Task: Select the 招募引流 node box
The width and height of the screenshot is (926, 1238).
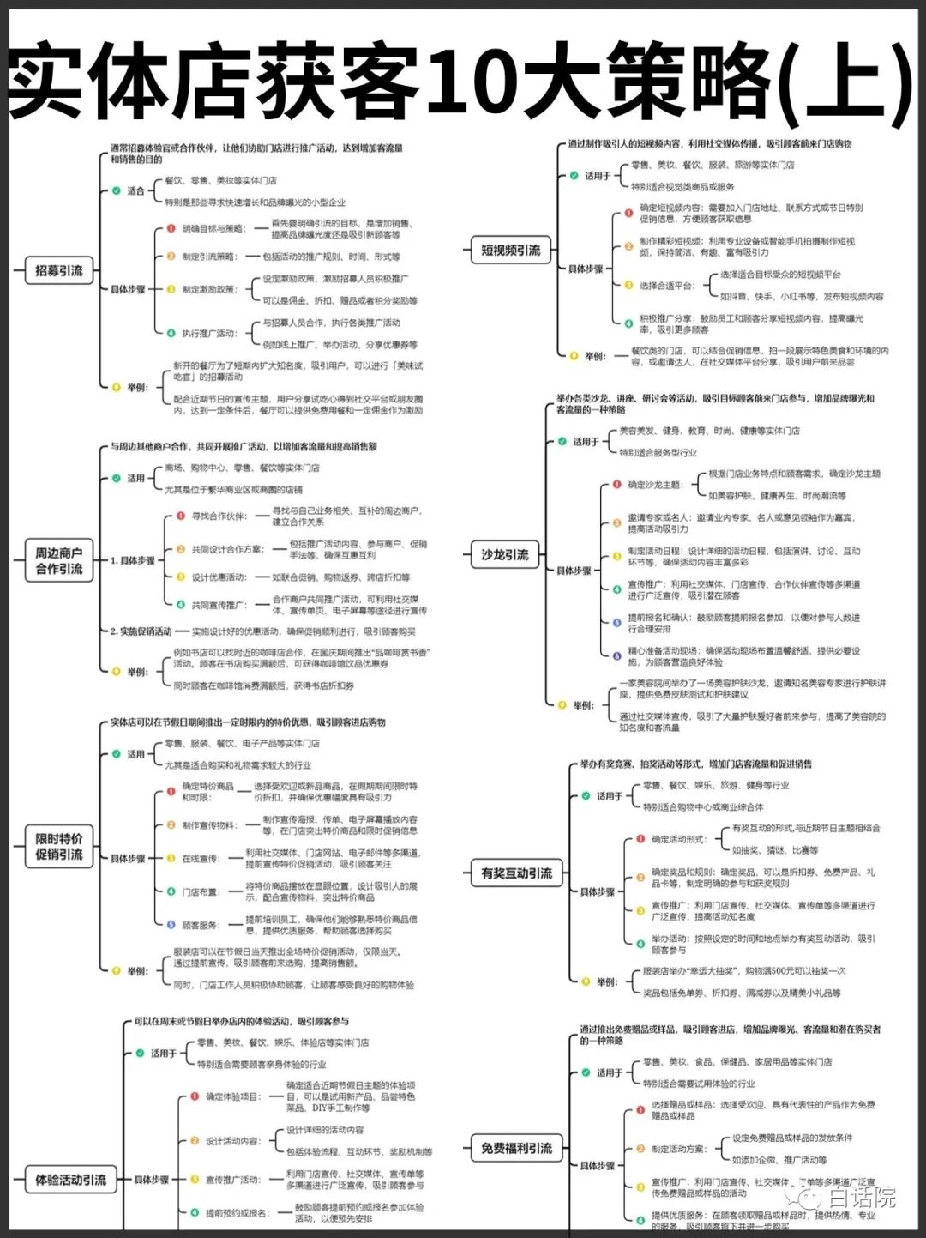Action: tap(59, 271)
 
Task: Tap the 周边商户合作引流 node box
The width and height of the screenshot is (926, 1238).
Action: tap(59, 561)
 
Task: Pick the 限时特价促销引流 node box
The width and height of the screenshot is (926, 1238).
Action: tap(59, 847)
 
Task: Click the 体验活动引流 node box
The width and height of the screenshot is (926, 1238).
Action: tap(71, 1180)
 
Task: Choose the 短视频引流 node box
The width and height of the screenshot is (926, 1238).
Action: tap(510, 251)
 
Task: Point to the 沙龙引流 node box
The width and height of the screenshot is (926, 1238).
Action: tap(505, 555)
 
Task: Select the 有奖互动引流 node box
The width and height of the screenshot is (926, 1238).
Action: tap(516, 873)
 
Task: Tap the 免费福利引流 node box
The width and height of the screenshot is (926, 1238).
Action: tap(516, 1149)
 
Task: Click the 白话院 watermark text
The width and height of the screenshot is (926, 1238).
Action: tap(862, 1196)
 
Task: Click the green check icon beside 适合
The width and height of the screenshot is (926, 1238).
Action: tap(116, 190)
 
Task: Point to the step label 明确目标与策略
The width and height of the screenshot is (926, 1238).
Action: tap(213, 229)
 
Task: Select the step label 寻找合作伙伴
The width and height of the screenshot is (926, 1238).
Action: tap(219, 516)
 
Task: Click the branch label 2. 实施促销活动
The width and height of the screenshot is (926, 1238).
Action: tap(141, 631)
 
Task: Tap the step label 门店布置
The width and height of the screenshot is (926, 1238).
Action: tap(201, 892)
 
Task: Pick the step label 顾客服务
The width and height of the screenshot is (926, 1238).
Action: tap(201, 926)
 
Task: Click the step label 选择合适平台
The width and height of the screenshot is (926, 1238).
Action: tap(666, 286)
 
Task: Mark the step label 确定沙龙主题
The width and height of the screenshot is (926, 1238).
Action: tap(654, 485)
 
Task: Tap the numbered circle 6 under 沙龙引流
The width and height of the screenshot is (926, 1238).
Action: tap(616, 656)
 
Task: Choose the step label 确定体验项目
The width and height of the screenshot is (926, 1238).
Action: tap(231, 1096)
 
